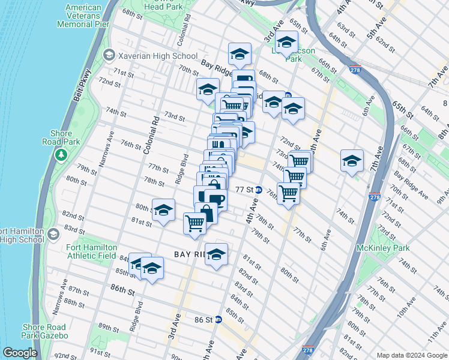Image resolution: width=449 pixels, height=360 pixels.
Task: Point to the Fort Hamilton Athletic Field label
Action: click(x=81, y=251)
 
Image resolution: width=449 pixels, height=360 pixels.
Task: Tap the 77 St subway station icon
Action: click(x=258, y=190)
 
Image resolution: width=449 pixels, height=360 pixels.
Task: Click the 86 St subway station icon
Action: click(x=218, y=320)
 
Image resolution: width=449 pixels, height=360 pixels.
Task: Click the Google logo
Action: click(x=20, y=353)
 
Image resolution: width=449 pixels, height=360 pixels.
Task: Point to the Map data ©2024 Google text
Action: click(x=411, y=355)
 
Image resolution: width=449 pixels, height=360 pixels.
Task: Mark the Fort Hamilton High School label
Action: click(x=22, y=235)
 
